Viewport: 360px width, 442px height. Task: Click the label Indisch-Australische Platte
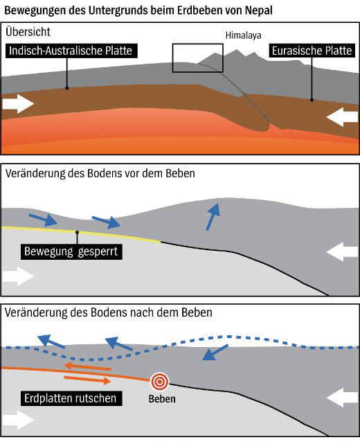tap(71, 51)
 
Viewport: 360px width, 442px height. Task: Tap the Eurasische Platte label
tap(312, 51)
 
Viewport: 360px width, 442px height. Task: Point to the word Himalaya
tap(244, 35)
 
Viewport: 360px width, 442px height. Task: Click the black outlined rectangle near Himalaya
tap(198, 44)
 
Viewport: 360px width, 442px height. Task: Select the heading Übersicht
tap(28, 32)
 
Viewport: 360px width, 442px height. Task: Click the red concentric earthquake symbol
tap(159, 382)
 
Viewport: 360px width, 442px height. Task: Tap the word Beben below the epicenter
tap(162, 399)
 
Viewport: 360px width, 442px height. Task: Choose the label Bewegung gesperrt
tap(71, 251)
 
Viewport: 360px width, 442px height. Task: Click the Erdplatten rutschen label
tap(71, 398)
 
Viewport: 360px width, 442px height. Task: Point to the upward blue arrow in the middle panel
tap(213, 216)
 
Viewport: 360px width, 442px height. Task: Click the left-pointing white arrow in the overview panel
tap(342, 116)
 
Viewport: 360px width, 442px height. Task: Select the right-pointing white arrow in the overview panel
tap(18, 104)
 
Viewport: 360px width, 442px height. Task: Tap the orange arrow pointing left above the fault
tap(87, 367)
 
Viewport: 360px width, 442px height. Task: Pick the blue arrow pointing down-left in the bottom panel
tap(215, 353)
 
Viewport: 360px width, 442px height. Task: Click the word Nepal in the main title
tap(259, 10)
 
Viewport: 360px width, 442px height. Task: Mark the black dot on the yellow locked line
tap(77, 232)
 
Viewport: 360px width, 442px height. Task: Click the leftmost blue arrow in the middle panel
tap(43, 220)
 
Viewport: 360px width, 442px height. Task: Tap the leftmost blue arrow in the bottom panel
tap(51, 341)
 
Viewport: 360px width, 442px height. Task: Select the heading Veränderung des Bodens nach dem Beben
tap(109, 312)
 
